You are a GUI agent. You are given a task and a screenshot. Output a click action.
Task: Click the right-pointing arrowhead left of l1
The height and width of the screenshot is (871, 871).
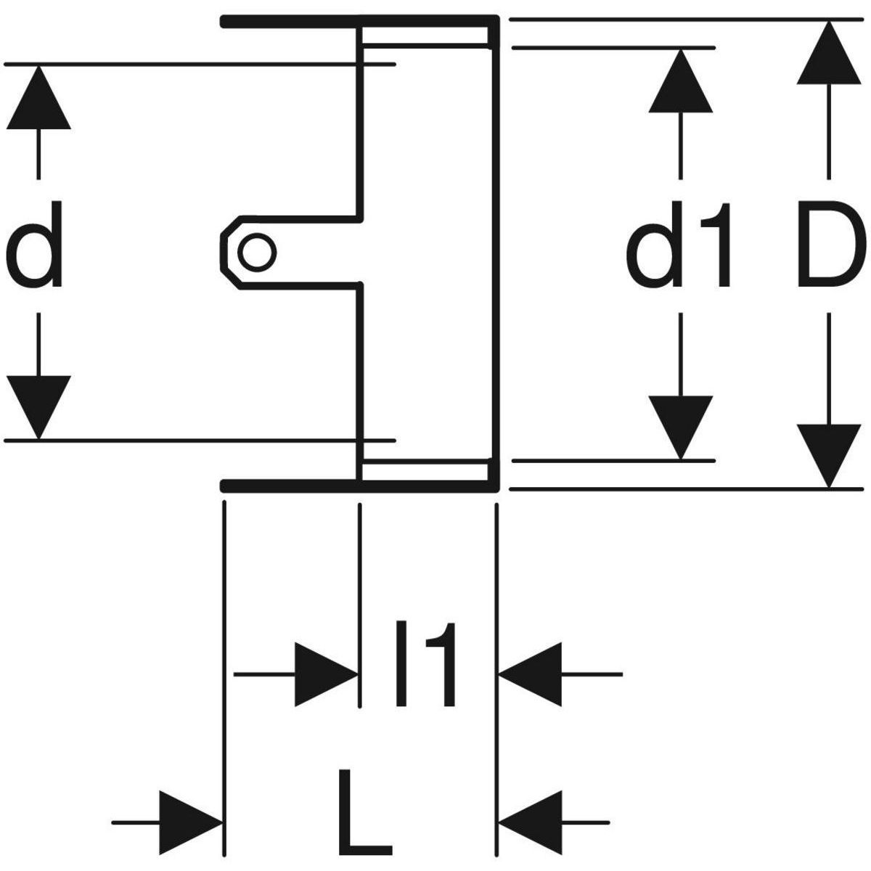[327, 674]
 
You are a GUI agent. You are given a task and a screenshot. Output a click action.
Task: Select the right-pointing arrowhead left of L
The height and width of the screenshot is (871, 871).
[190, 822]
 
